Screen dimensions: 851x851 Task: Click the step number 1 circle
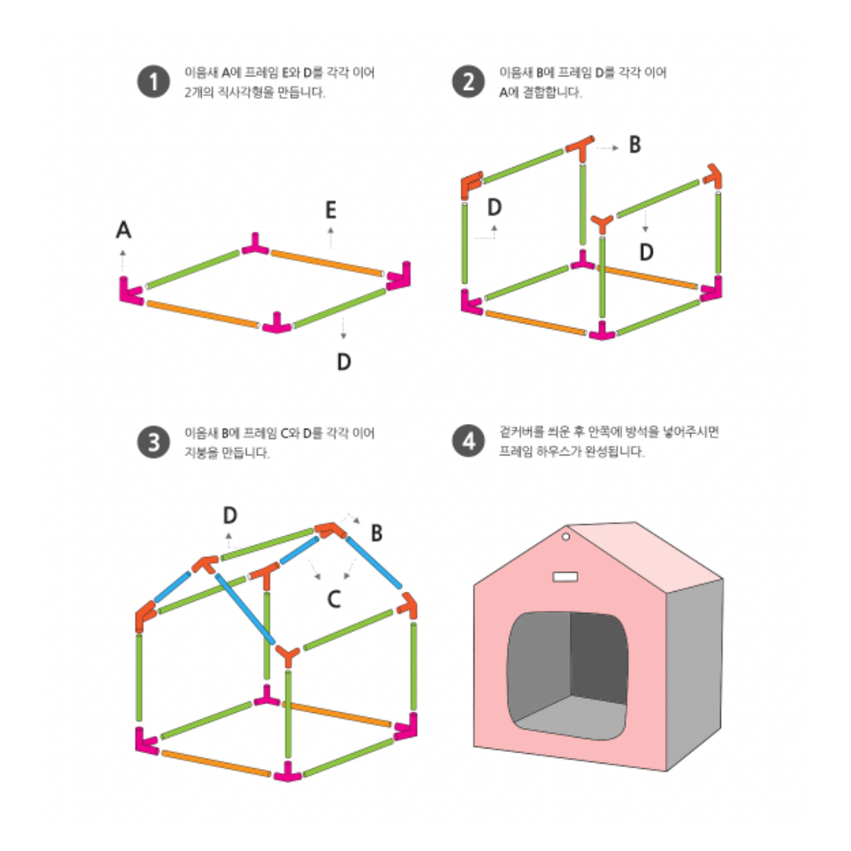tap(154, 82)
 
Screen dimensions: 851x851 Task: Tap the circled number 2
tap(469, 82)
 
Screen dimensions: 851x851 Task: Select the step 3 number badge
tap(154, 442)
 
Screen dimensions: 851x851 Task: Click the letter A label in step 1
tap(124, 230)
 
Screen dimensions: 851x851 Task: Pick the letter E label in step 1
tap(331, 210)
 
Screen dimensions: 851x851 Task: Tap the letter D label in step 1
tap(344, 362)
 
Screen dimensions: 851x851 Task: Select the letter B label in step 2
tap(634, 146)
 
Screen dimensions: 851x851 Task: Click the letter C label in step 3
tap(334, 600)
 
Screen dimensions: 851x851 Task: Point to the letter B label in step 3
tap(377, 533)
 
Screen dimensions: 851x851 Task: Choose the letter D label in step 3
tap(229, 515)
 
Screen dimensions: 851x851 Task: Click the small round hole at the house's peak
tap(566, 537)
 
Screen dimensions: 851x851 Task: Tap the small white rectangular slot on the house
tap(566, 578)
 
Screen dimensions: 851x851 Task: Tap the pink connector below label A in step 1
tap(130, 293)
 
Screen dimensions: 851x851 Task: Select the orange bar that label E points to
tap(326, 262)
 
